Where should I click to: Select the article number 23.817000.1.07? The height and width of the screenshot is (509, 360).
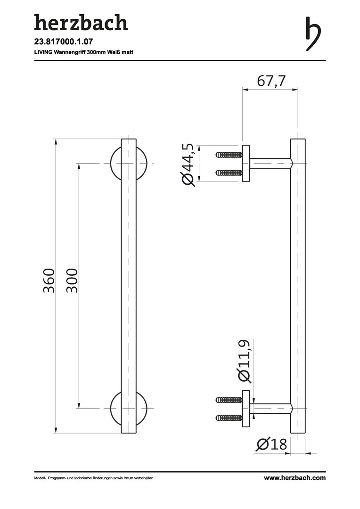(x=59, y=41)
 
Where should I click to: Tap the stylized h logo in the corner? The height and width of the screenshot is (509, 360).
(x=313, y=34)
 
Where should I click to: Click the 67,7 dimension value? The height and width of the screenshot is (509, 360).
(x=271, y=81)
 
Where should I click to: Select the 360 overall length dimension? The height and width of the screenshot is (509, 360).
(x=49, y=280)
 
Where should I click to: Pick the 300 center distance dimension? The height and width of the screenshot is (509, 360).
(x=72, y=280)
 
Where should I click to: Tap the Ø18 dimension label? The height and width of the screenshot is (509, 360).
(x=271, y=444)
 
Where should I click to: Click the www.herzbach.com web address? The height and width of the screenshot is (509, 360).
(x=295, y=478)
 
